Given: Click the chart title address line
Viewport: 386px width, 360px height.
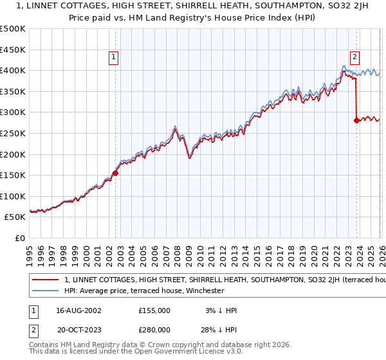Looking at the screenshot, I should pyautogui.click(x=192, y=6).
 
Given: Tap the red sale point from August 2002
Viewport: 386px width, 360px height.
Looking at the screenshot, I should pyautogui.click(x=115, y=173).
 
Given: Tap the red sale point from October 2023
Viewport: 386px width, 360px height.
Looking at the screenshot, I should pyautogui.click(x=356, y=120).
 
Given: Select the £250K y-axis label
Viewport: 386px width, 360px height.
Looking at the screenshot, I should pyautogui.click(x=14, y=133).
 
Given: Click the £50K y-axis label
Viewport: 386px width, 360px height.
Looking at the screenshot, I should pyautogui.click(x=16, y=217).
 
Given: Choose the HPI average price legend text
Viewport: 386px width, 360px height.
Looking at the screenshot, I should pyautogui.click(x=143, y=291).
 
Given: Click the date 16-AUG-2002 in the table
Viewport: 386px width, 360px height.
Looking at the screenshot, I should pyautogui.click(x=78, y=310).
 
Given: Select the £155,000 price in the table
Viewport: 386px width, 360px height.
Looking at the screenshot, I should pyautogui.click(x=154, y=310).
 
